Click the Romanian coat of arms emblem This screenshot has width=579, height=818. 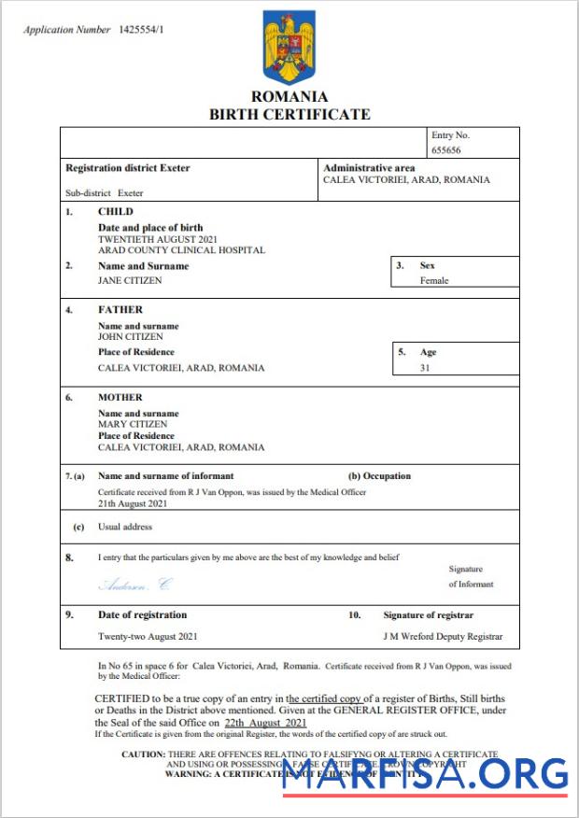tap(289, 47)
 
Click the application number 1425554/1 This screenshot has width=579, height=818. tap(141, 30)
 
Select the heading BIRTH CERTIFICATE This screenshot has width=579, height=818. tap(289, 114)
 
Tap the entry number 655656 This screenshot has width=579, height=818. tap(446, 149)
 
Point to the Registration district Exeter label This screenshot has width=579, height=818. tap(127, 168)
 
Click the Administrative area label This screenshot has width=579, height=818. tap(369, 168)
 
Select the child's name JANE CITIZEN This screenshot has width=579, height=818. tap(130, 280)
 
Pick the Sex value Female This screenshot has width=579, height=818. tap(434, 280)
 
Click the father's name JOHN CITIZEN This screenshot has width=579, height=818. tap(131, 336)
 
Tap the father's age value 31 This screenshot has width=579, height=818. tap(426, 368)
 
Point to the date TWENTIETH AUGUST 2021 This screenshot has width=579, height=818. tap(158, 239)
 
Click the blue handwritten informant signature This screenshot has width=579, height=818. tap(135, 585)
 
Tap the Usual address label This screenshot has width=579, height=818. tap(124, 527)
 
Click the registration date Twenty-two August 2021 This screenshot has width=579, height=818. tap(148, 636)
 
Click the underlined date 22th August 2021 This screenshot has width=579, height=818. tap(265, 723)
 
